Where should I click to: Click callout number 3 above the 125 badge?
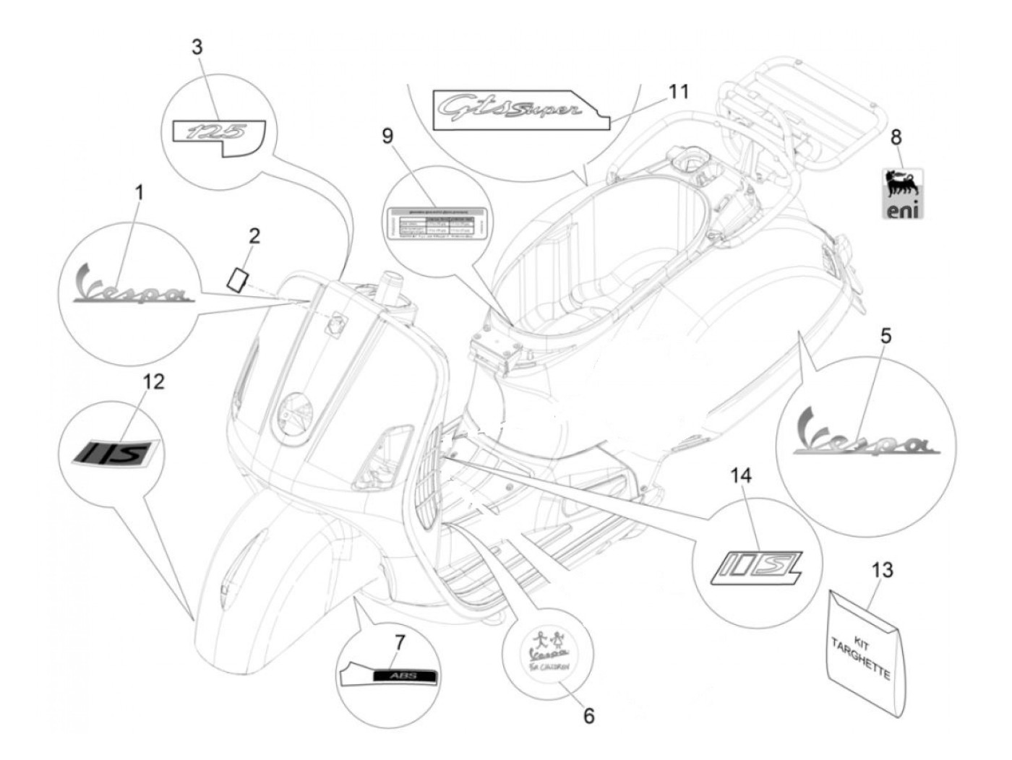197,48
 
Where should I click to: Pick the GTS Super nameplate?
509,109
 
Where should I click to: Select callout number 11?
678,92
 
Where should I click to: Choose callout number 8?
896,136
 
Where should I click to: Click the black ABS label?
403,677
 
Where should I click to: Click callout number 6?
588,716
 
